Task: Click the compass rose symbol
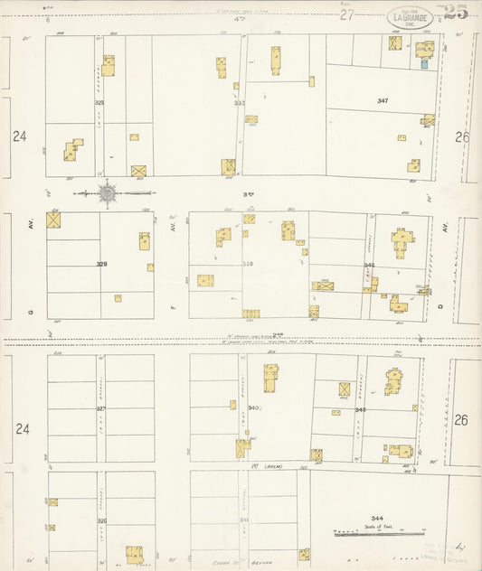(x=107, y=192)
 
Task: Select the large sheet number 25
(x=457, y=12)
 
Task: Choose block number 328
(x=101, y=265)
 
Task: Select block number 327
(x=101, y=409)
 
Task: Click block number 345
(x=360, y=410)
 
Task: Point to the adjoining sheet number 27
(x=347, y=14)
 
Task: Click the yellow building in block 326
(x=135, y=553)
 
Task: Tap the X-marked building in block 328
(x=53, y=219)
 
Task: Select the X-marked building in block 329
(x=139, y=170)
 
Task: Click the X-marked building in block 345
(x=345, y=388)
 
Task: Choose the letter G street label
(x=30, y=312)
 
